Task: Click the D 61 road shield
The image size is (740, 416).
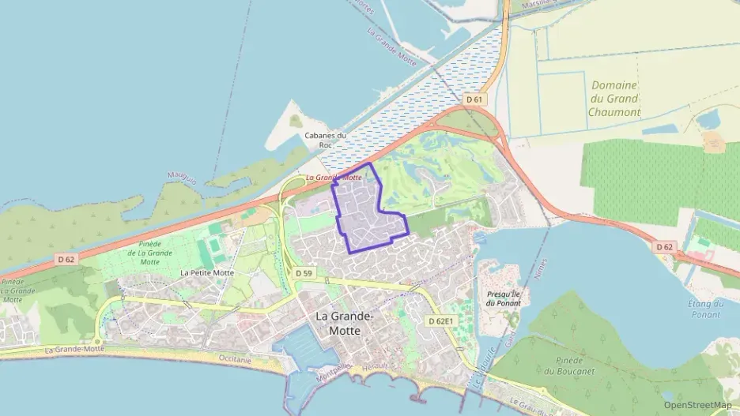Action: coord(474,99)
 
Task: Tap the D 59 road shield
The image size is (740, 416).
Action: coord(304,273)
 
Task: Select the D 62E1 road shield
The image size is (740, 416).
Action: coord(441,321)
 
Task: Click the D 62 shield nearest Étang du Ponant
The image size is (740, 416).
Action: coord(665,247)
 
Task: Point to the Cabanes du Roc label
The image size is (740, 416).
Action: coord(326,140)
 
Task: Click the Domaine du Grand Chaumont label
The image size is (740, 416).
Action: coord(614,99)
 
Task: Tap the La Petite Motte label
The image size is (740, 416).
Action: coord(207,272)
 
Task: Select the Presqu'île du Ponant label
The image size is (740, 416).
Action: coord(504,298)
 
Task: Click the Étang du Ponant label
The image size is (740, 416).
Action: coord(705,309)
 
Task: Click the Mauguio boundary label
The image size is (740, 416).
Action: coord(181,173)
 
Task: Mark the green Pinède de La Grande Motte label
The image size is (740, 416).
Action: coord(149,253)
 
